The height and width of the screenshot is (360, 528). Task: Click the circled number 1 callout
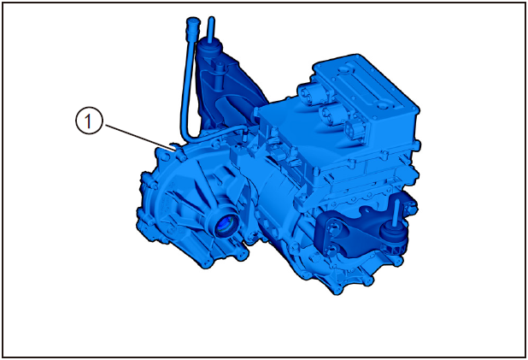[x=88, y=121]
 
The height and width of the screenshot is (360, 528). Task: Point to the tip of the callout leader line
[x=175, y=149]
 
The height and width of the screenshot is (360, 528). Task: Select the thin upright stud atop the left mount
[x=211, y=29]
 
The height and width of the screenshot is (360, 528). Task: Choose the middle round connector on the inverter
[x=330, y=113]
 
